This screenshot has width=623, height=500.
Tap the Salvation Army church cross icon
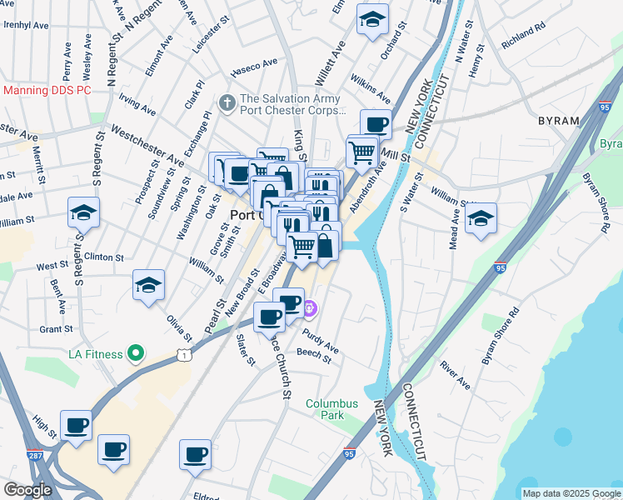225,103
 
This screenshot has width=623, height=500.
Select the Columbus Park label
331,409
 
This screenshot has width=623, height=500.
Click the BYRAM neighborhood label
559,121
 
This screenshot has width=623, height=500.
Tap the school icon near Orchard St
372,18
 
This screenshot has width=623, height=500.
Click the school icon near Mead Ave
481,218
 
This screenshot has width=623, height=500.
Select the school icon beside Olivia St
148,286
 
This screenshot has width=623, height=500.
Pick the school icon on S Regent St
84,213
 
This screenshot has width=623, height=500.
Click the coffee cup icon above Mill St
376,125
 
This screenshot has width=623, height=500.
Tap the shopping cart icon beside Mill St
361,152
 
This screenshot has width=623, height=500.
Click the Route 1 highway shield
185,356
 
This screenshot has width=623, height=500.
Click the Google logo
27,490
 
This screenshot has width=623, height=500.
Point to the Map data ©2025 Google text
571,493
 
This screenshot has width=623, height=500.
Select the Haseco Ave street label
254,66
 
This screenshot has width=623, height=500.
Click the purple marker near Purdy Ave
310,309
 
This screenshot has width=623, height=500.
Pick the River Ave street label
455,376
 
